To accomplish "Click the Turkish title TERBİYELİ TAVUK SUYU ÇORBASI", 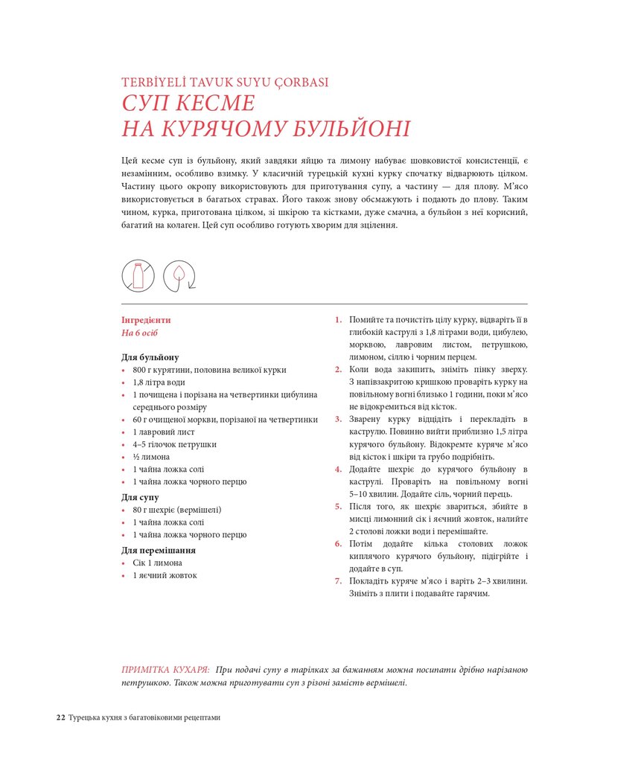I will pyautogui.click(x=225, y=83).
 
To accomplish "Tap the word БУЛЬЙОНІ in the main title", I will pyautogui.click(x=351, y=129).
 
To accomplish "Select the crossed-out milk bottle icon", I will pyautogui.click(x=138, y=275).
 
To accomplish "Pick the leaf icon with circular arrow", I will pyautogui.click(x=179, y=275).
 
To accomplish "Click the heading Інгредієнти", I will pyautogui.click(x=146, y=320).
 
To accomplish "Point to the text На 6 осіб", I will pyautogui.click(x=140, y=333).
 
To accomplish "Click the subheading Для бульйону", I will pyautogui.click(x=150, y=357).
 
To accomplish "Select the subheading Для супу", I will pyautogui.click(x=140, y=497).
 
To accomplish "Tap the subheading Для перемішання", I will pyautogui.click(x=159, y=550).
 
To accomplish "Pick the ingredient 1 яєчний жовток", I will pyautogui.click(x=165, y=575).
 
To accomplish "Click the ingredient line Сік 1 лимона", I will pyautogui.click(x=157, y=563).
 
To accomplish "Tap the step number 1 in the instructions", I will pyautogui.click(x=338, y=320).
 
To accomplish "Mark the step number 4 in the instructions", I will pyautogui.click(x=338, y=470).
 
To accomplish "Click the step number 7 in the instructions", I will pyautogui.click(x=338, y=581).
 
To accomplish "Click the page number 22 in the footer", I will pyautogui.click(x=60, y=717).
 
